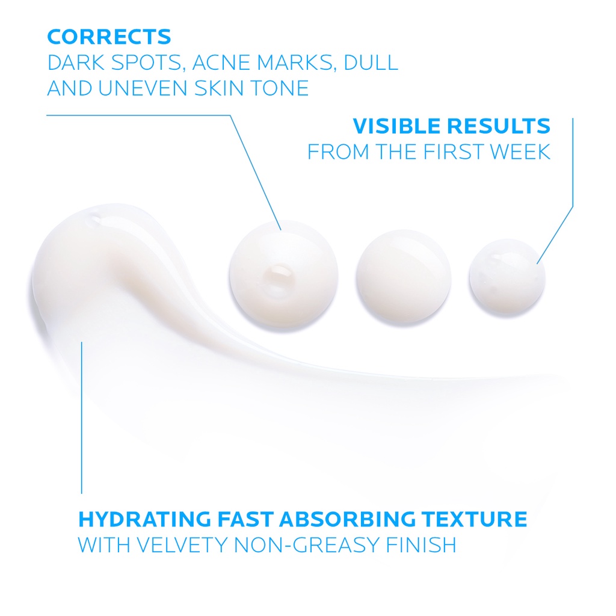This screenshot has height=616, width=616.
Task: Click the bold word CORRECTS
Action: pos(109,37)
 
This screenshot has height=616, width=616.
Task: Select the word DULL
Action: pos(371,63)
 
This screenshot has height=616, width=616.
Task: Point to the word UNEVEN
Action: pos(143,88)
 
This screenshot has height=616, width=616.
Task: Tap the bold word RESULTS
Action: pos(499,126)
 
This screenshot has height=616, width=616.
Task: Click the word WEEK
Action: pos(520,152)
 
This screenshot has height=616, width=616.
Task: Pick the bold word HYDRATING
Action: pos(144,519)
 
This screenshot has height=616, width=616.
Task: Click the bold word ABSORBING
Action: pos(347,519)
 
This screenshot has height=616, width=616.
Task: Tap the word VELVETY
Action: pos(182,545)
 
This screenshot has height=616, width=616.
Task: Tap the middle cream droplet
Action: pos(403,277)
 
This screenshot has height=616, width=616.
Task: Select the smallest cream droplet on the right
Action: pos(507,277)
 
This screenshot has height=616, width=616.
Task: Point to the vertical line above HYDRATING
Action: pos(82,417)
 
